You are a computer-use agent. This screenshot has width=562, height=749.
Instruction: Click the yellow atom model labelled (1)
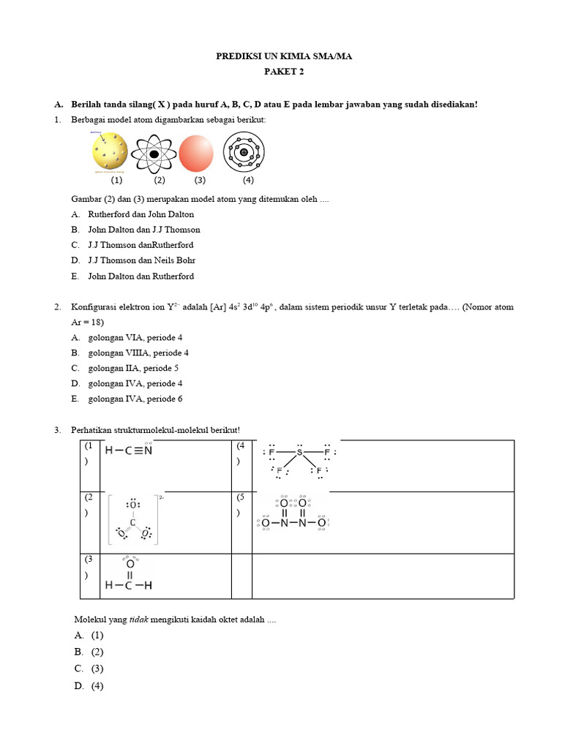click(110, 154)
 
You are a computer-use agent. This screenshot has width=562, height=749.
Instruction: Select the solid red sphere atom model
click(195, 154)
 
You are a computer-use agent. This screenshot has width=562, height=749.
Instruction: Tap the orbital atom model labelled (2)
click(154, 154)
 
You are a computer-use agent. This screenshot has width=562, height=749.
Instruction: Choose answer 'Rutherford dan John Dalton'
click(140, 214)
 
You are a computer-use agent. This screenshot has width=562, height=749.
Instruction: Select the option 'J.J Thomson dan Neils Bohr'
click(141, 260)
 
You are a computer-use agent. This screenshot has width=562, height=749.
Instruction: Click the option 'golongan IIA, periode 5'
click(133, 368)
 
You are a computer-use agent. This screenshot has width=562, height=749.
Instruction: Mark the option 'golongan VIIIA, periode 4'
click(138, 353)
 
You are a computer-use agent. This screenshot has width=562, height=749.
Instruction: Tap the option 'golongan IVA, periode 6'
click(135, 399)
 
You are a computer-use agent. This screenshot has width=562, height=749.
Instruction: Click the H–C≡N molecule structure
click(129, 451)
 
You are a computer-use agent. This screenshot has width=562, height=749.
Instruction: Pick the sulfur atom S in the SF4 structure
click(299, 452)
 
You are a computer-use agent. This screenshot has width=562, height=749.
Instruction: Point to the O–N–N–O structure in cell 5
click(293, 516)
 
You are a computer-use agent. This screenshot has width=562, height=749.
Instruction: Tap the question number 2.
click(57, 306)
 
